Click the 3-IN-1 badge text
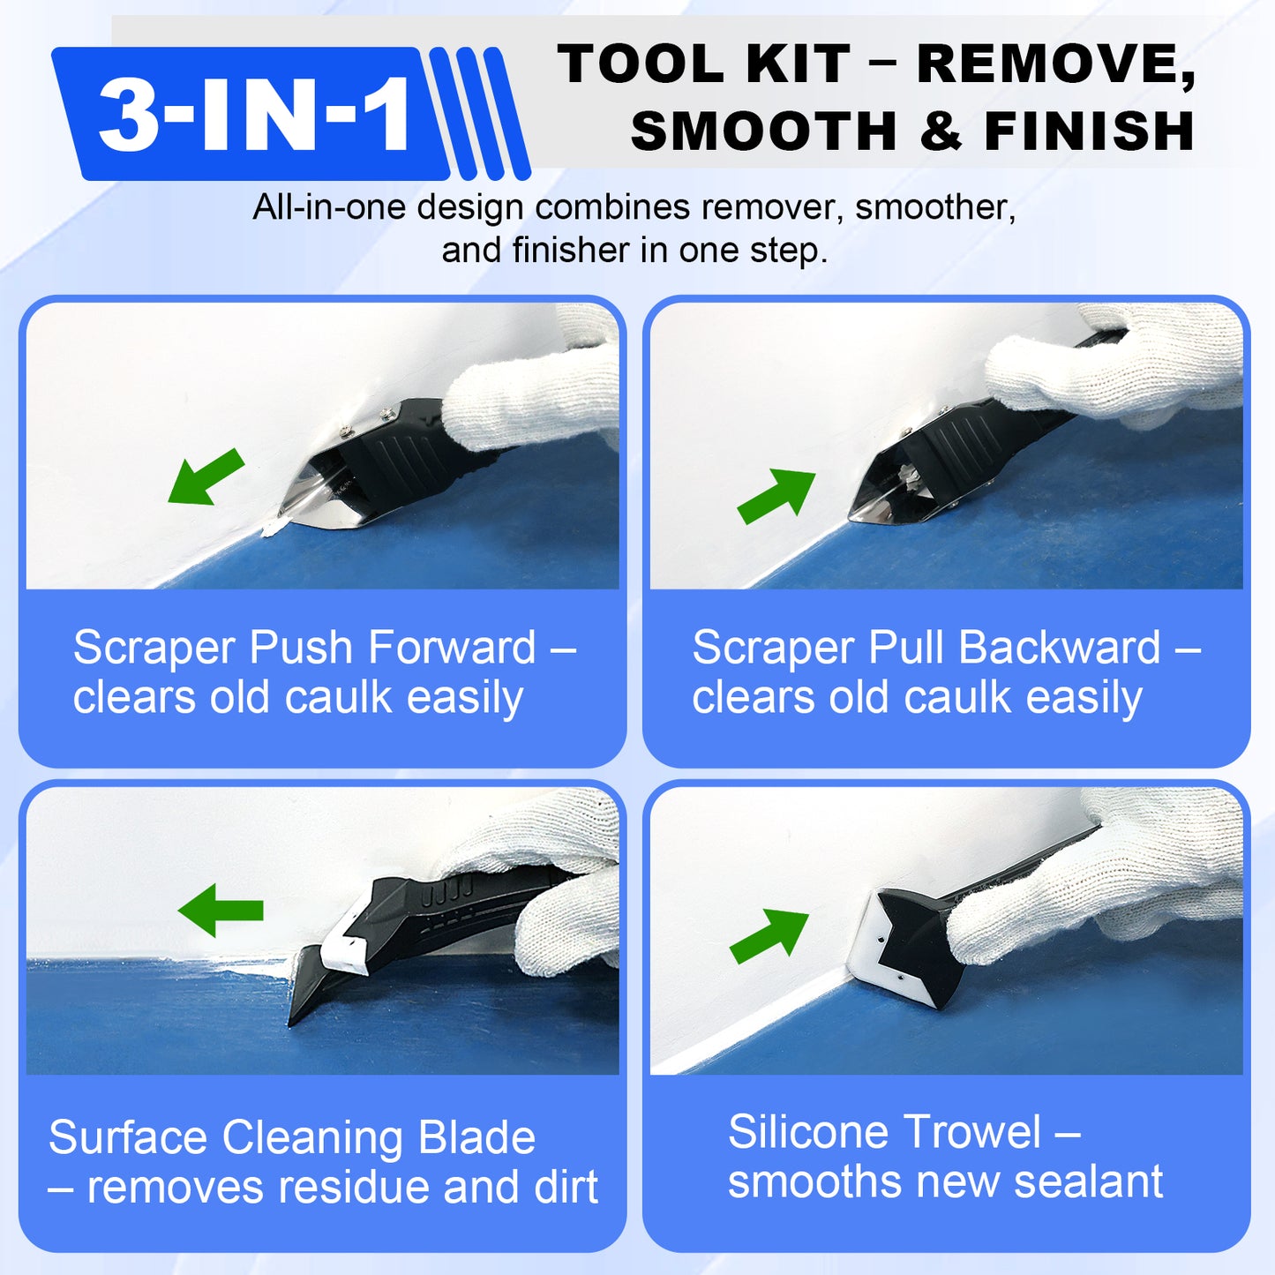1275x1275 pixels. (254, 114)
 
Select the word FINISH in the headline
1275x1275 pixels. (1089, 131)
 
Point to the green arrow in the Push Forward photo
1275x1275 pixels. (206, 477)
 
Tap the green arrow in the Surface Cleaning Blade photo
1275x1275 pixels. (221, 911)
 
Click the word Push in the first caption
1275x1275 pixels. (301, 648)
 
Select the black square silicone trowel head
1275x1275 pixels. (918, 949)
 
